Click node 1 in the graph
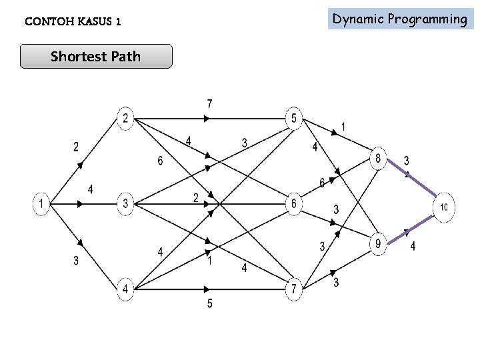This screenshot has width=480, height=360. click(42, 204)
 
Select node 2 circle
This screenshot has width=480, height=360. click(125, 119)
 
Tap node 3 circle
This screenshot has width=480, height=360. click(125, 204)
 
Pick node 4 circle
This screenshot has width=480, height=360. click(125, 289)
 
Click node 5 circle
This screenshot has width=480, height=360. click(294, 119)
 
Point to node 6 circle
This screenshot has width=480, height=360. click(294, 204)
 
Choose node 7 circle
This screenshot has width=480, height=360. click(294, 289)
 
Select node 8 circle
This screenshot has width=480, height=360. click(378, 159)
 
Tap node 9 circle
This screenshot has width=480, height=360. click(378, 245)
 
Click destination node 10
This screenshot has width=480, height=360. click(443, 207)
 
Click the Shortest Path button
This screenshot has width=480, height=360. click(96, 57)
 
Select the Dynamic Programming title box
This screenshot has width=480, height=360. click(400, 19)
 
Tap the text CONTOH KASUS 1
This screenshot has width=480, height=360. click(73, 22)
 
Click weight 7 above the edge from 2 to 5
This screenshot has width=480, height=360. click(209, 104)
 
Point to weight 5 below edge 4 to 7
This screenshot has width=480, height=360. click(209, 304)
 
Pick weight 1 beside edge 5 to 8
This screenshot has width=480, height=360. click(343, 126)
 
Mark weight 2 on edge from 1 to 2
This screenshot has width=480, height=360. click(76, 147)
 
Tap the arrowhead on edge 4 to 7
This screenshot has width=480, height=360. click(208, 289)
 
